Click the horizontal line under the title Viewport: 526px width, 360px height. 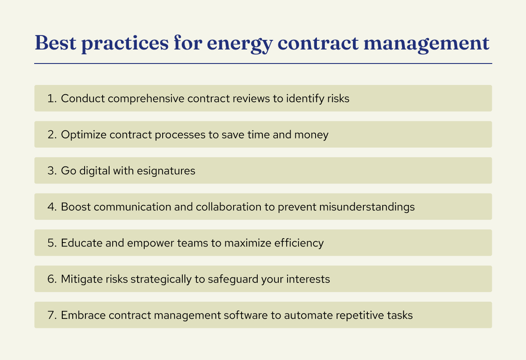(x=263, y=64)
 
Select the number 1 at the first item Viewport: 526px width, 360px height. (x=50, y=99)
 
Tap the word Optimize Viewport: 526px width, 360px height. (x=83, y=134)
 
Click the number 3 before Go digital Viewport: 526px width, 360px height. (x=50, y=170)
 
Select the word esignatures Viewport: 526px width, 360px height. (x=167, y=170)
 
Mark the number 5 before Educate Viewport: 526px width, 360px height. (x=50, y=243)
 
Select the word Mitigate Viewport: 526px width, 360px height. (x=80, y=279)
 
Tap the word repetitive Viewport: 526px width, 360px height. (x=355, y=315)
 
